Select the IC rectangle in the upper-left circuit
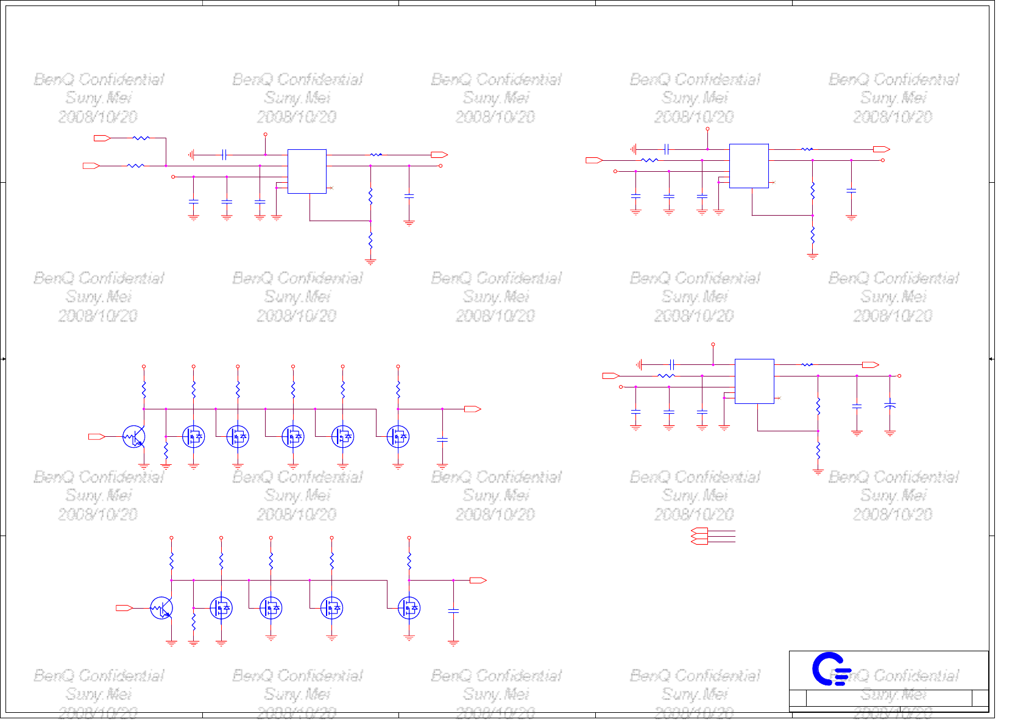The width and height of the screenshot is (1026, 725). [x=306, y=171]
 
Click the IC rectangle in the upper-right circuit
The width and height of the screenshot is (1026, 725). [x=749, y=166]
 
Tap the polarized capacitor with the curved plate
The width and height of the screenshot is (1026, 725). [x=890, y=405]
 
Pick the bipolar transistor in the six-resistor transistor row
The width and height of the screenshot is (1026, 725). [x=134, y=436]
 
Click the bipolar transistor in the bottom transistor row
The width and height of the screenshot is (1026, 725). [x=161, y=608]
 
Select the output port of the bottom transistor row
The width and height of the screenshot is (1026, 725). [x=478, y=580]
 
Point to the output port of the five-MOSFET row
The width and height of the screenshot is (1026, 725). [x=473, y=409]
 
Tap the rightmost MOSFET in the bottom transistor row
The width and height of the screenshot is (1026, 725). [x=409, y=608]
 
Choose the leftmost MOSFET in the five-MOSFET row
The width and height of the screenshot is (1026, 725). [x=194, y=436]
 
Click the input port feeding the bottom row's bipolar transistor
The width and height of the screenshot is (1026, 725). [x=124, y=608]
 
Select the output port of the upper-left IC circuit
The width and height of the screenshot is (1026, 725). [x=439, y=155]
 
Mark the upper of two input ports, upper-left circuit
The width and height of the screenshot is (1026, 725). [x=102, y=138]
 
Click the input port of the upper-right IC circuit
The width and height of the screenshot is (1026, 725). [x=594, y=160]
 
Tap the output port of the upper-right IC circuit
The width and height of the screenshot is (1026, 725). [x=882, y=149]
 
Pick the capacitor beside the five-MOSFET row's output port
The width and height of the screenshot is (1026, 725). [x=442, y=439]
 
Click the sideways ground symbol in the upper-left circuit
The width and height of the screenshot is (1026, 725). [x=191, y=155]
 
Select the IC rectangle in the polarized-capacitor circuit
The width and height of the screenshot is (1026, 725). [x=754, y=381]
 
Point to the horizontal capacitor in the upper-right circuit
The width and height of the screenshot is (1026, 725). [x=667, y=149]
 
